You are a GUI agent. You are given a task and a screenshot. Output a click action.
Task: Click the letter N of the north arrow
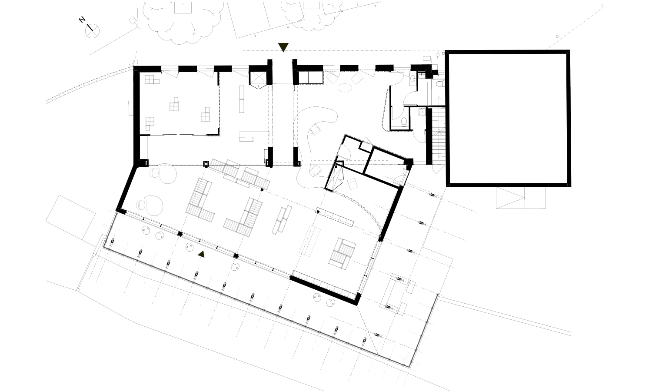pyautogui.click(x=82, y=20)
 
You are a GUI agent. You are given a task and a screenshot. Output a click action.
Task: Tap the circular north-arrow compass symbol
pyautogui.click(x=92, y=31)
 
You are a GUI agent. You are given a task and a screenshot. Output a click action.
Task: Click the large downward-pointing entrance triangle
pyautogui.click(x=283, y=47)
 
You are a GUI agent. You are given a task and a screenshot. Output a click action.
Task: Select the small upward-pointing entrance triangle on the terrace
pyautogui.click(x=201, y=255)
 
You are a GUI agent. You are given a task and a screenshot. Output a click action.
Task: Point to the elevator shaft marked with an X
pyautogui.click(x=258, y=78)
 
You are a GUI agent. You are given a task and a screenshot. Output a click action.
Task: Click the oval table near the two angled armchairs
pyautogui.click(x=345, y=88)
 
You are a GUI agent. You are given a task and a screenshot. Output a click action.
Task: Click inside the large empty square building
pyautogui.click(x=508, y=118)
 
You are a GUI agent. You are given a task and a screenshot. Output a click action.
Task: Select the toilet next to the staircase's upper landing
pyautogui.click(x=440, y=84)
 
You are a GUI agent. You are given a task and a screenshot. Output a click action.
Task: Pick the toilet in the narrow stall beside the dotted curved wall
pyautogui.click(x=404, y=122)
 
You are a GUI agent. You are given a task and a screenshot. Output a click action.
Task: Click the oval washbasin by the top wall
pyautogui.click(x=413, y=78)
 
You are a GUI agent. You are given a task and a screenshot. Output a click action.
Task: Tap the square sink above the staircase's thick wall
pyautogui.click(x=422, y=112)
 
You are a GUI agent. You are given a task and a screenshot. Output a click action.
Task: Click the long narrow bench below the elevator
pyautogui.click(x=242, y=99)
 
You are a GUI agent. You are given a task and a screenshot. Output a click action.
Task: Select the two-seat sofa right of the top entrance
pyautogui.click(x=311, y=78)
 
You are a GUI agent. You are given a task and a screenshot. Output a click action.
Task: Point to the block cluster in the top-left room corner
pyautogui.click(x=152, y=80)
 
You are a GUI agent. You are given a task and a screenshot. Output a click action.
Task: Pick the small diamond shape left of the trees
pyautogui.click(x=133, y=21)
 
